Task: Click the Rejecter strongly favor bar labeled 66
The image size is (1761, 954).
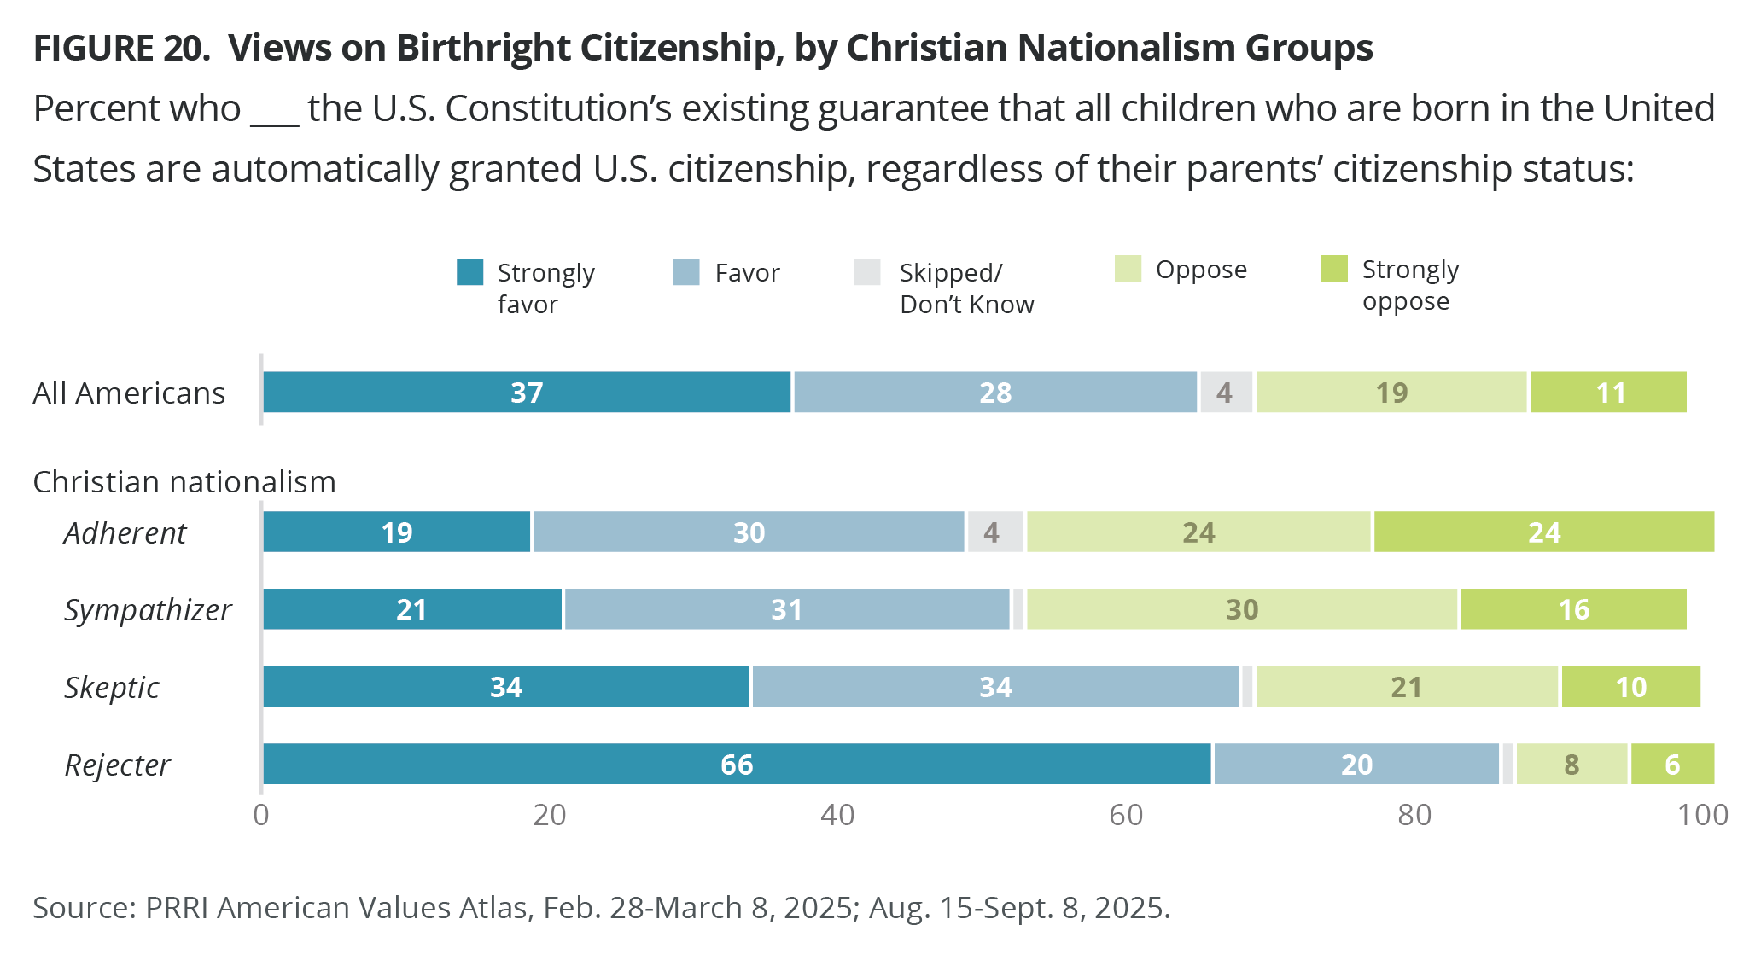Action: (737, 764)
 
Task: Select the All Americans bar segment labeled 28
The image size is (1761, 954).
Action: (995, 393)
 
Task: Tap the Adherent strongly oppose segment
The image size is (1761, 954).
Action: (1543, 532)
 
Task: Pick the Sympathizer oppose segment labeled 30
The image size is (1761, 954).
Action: (1242, 609)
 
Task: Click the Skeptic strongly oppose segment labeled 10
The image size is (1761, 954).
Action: (1630, 687)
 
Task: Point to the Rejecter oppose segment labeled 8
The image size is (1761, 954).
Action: (1571, 764)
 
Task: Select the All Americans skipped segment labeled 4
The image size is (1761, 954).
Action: (1226, 393)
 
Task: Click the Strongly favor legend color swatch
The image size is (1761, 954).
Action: (470, 272)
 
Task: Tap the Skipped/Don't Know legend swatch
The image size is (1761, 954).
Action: (867, 272)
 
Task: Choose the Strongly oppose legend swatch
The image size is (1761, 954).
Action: (1334, 269)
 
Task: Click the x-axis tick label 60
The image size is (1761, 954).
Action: (1126, 816)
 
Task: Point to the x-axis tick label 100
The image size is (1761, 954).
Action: (1702, 816)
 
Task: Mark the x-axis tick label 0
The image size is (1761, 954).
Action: (261, 816)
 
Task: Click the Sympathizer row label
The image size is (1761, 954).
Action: (148, 610)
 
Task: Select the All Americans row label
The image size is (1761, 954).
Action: (129, 393)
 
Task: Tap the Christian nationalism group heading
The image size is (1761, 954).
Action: (184, 482)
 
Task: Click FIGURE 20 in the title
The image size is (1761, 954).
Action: (121, 49)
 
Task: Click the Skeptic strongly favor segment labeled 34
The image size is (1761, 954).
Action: (505, 687)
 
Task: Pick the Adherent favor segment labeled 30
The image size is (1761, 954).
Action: (749, 532)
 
